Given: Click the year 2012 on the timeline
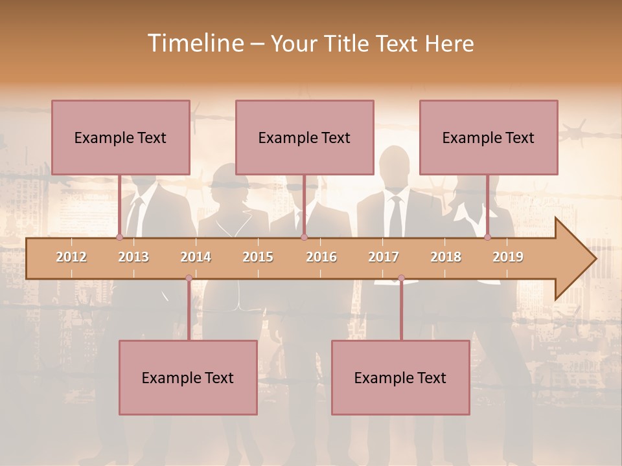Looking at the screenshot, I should click(x=71, y=257).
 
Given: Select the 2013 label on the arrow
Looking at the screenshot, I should click(x=133, y=257).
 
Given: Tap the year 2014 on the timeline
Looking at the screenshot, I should click(x=196, y=257).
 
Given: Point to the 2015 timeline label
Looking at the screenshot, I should click(x=258, y=257).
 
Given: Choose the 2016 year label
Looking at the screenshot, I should click(x=321, y=257).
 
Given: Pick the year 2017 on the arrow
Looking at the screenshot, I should click(x=384, y=257).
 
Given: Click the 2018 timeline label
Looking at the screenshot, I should click(x=446, y=257).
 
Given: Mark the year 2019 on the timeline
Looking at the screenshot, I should click(x=508, y=257).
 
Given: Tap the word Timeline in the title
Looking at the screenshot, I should click(x=194, y=43).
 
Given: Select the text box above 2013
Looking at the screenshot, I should click(x=121, y=137).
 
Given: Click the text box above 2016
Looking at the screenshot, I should click(x=305, y=137).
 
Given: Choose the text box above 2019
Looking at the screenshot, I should click(x=489, y=137).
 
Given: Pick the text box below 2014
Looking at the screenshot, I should click(x=188, y=377).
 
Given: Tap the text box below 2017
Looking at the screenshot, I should click(x=400, y=377).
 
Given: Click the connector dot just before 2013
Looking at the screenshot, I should click(x=119, y=238).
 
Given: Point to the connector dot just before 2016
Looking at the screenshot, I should click(x=304, y=238).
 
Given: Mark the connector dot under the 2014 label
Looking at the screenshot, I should click(x=189, y=278).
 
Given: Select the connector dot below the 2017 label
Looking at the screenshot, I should click(x=401, y=278).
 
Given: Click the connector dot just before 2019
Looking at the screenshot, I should click(x=487, y=238).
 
